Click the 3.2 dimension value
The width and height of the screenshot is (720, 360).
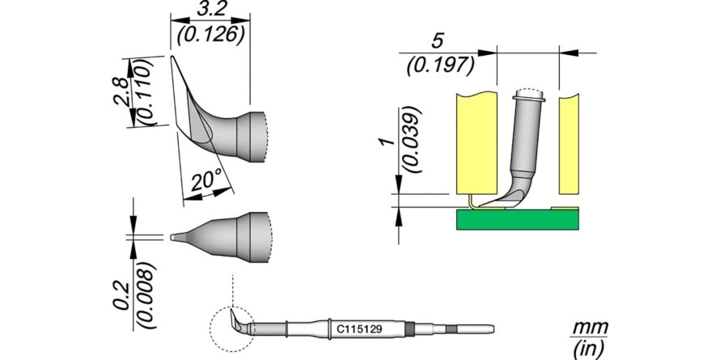(210, 8)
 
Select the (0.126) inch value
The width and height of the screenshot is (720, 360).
(210, 35)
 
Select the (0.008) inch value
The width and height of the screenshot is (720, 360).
(148, 296)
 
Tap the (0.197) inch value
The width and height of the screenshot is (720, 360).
(440, 67)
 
